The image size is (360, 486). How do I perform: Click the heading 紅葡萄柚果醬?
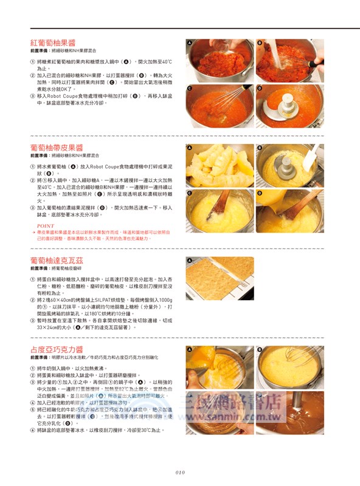tap(53, 43)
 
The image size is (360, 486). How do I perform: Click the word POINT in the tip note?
tap(46, 225)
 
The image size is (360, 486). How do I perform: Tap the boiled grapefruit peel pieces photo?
tap(219, 164)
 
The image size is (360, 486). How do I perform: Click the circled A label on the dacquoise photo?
tap(190, 261)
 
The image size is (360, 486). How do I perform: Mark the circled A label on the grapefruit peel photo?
tap(190, 148)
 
